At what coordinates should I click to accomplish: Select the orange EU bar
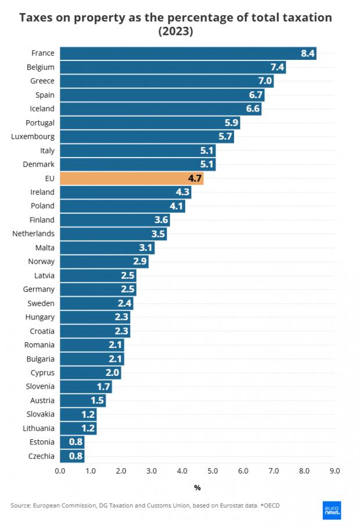[131, 178]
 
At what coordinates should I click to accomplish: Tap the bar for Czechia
[72, 456]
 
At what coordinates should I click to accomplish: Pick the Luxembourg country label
[33, 137]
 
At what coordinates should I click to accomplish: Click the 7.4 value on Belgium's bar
[277, 67]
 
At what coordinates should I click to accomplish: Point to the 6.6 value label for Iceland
[253, 109]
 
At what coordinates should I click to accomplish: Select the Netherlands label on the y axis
[34, 234]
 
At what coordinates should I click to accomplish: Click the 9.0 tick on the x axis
[334, 471]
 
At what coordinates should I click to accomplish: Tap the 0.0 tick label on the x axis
[60, 471]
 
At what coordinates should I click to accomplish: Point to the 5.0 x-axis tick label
[213, 471]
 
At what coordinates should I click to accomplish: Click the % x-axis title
[197, 487]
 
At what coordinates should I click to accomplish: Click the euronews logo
[332, 510]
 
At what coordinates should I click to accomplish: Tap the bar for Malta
[107, 248]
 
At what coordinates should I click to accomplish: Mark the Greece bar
[166, 81]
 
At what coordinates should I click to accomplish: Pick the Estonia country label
[41, 442]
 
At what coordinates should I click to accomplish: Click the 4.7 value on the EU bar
[195, 178]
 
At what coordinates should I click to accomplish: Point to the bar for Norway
[104, 261]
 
